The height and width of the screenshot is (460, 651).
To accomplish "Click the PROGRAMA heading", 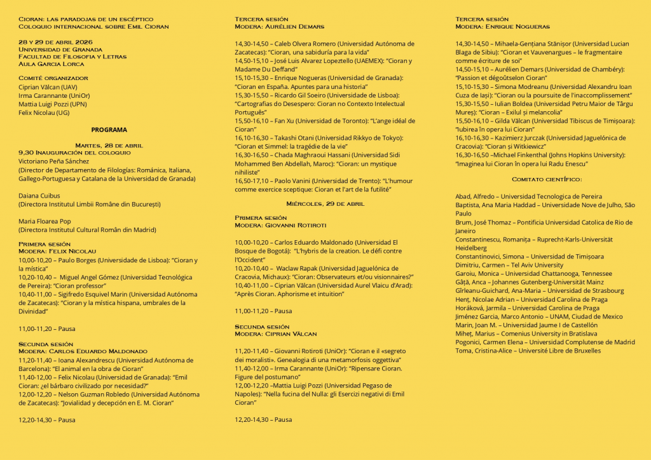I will point(109,130).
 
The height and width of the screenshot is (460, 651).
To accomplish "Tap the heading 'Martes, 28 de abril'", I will point(109,145).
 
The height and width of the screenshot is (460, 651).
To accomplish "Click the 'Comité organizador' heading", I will point(53,78).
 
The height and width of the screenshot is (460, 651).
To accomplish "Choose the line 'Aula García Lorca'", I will point(51,64).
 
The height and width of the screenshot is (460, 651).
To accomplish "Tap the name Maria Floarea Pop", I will point(45,221).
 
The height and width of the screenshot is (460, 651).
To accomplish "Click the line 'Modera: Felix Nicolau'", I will point(57,252).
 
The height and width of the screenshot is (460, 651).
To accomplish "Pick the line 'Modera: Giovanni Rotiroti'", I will point(280,226).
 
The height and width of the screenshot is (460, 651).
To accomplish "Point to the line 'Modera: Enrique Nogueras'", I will point(502,27).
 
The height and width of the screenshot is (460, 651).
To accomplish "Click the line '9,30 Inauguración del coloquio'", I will point(74,152).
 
